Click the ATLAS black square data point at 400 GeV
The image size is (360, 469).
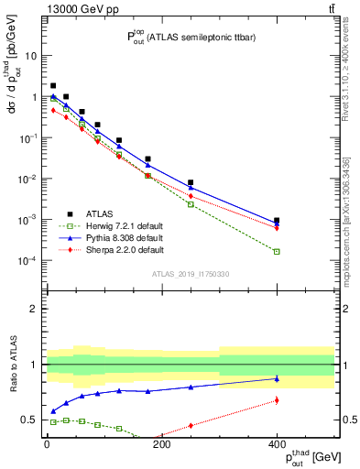(277, 221)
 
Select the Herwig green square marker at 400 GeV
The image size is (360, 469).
(277, 251)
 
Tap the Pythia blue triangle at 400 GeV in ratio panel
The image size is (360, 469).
(277, 378)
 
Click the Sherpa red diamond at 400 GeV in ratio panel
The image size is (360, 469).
(277, 400)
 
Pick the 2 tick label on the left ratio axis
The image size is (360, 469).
(37, 309)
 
